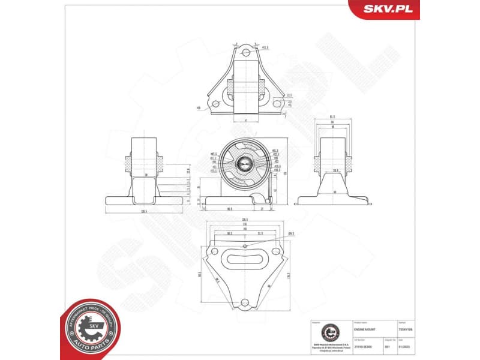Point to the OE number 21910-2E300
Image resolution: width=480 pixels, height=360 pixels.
(364, 347)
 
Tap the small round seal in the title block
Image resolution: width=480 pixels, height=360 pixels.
(329, 332)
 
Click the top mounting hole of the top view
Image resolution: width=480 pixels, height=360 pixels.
(244, 53)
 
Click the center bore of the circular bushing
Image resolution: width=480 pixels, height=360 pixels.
(244, 161)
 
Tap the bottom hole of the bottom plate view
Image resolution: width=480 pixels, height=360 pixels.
(244, 304)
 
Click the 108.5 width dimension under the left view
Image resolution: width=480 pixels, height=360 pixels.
(144, 211)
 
